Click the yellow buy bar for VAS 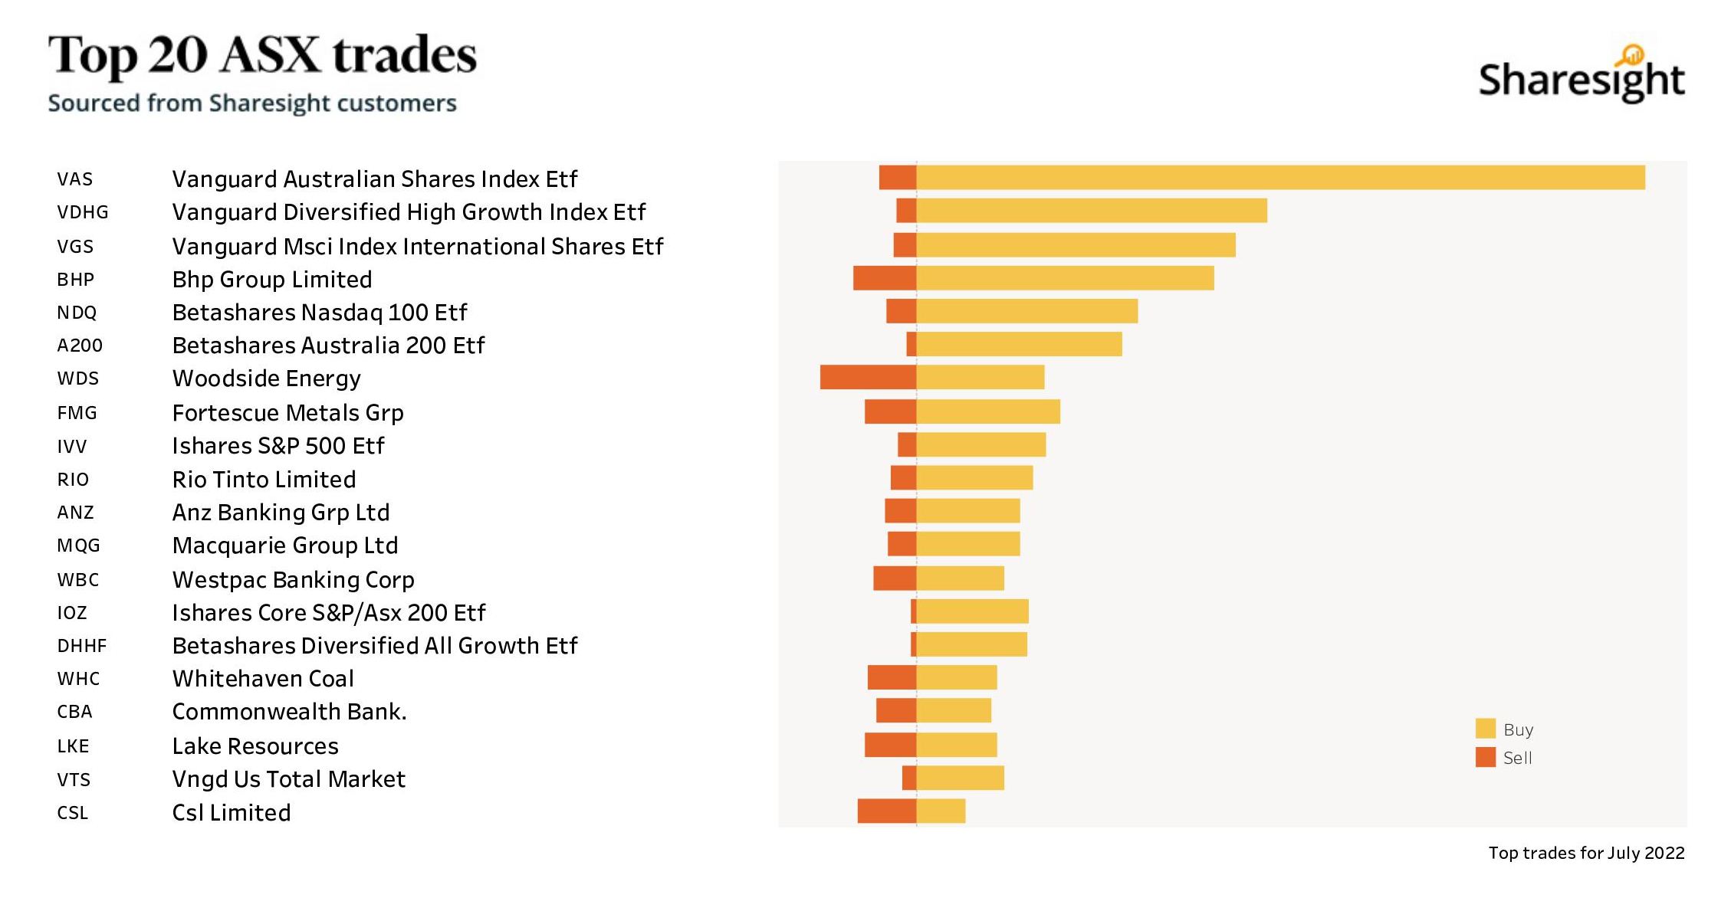click(1280, 178)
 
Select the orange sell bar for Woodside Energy click(868, 377)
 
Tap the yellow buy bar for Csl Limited click(941, 811)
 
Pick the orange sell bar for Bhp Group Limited click(885, 278)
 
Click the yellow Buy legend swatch click(1485, 729)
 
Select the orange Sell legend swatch click(1485, 757)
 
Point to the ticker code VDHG click(83, 212)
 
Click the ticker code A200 click(80, 346)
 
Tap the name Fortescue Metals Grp click(287, 413)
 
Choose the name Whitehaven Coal click(263, 679)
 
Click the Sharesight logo click(1581, 77)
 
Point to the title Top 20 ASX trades click(262, 55)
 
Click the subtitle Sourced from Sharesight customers click(252, 103)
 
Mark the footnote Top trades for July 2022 click(1586, 853)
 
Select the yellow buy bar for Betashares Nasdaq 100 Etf click(1027, 311)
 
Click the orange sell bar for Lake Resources click(890, 745)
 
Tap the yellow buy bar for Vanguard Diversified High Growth click(1092, 211)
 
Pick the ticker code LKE click(73, 746)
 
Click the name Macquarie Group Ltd click(285, 546)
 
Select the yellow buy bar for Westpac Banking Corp click(960, 578)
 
